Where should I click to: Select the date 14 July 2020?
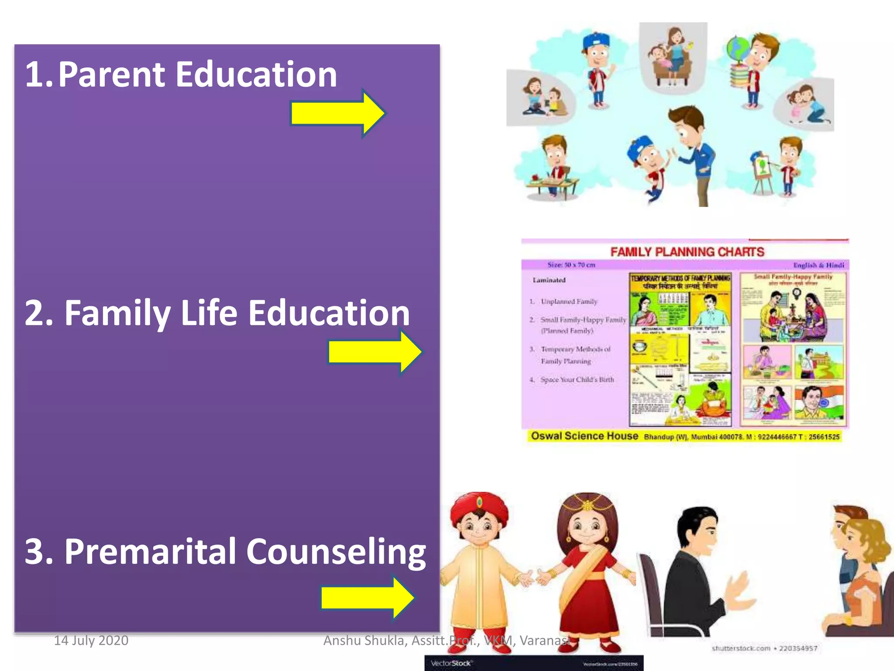coord(91,640)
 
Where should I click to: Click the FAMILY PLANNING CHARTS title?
coord(687,252)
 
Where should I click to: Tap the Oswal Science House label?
coord(585,436)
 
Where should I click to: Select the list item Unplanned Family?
coord(569,301)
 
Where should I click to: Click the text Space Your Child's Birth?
coord(577,380)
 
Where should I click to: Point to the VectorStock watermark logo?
coord(451,663)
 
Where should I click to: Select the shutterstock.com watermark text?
coord(741,648)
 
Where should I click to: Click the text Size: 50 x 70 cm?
coord(571,265)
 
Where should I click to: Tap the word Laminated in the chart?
coord(549,280)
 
